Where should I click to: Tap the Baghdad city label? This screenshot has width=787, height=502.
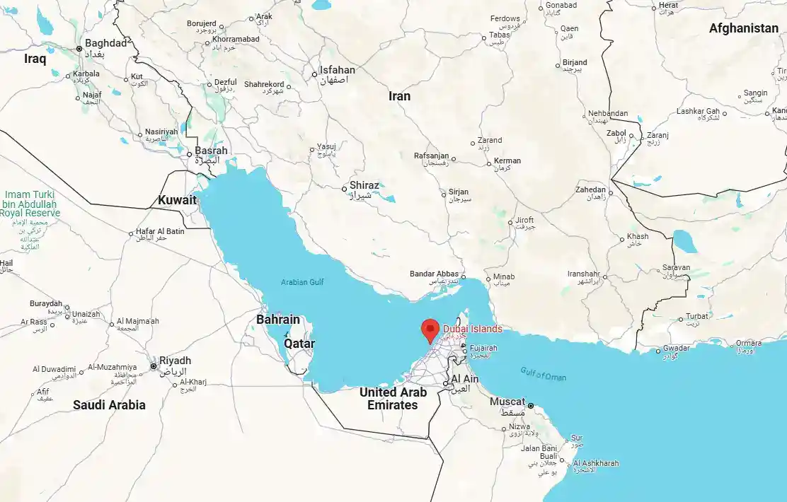[x=106, y=43]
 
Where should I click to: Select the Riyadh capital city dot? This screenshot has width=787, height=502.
[x=154, y=366]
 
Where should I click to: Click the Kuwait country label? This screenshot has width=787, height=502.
[x=177, y=200]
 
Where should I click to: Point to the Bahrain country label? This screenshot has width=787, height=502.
[x=278, y=320]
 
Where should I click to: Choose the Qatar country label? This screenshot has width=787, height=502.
[x=299, y=344]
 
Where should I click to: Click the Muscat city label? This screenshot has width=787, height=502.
[x=507, y=402]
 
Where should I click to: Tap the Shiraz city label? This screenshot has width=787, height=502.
[x=364, y=185]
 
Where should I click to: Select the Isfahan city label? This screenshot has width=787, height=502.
[x=338, y=70]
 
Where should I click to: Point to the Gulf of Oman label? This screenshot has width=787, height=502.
[x=543, y=375]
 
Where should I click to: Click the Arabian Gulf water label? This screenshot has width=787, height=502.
[x=302, y=282]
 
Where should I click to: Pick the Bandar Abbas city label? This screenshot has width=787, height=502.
[x=435, y=274]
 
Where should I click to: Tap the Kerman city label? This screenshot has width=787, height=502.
[x=507, y=160]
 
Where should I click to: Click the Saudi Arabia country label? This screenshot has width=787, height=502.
[x=109, y=405]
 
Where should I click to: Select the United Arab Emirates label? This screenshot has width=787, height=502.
[x=393, y=399]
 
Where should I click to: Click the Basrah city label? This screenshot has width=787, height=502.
[x=212, y=151]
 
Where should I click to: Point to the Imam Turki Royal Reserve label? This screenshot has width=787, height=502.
[x=30, y=204]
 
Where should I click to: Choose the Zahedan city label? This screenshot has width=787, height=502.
[x=591, y=189]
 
